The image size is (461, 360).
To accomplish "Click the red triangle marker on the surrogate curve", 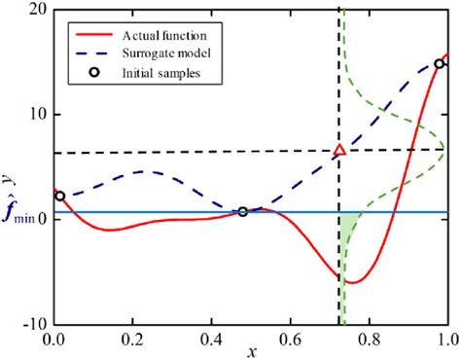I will tap(339, 150).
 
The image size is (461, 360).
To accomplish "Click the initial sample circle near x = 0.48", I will tap(242, 211).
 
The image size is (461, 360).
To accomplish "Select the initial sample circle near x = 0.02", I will tap(60, 196).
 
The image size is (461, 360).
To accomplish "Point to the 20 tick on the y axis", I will tap(37, 10).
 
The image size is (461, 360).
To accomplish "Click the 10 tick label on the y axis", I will tap(37, 114).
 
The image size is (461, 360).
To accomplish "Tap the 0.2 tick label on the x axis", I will tap(132, 341).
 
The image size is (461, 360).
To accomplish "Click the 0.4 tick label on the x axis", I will tap(211, 341).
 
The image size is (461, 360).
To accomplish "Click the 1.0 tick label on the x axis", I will tap(446, 341).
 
